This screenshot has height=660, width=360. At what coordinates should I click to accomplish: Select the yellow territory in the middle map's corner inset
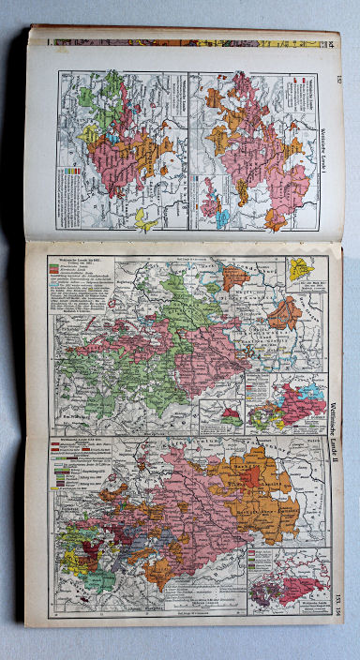tap(299, 269)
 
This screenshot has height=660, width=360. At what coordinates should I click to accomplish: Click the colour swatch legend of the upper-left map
tap(74, 174)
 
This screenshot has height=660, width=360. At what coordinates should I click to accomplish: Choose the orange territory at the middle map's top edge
tap(234, 277)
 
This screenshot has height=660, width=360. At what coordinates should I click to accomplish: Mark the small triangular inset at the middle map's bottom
tap(229, 416)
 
